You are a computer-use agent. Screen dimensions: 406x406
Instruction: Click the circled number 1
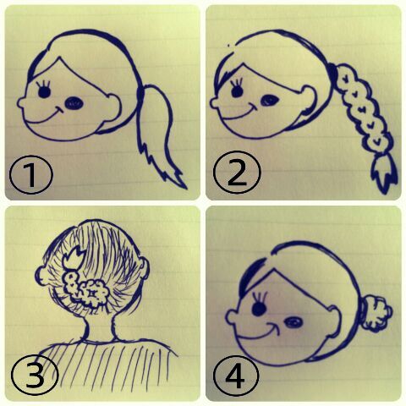(x=31, y=174)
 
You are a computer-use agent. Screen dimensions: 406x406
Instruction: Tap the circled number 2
(x=237, y=173)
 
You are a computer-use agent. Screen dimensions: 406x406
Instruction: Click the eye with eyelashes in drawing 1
(x=44, y=90)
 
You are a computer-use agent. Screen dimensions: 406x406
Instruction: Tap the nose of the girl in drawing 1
(x=21, y=103)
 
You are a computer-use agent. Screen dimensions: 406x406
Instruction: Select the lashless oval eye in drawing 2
(x=270, y=100)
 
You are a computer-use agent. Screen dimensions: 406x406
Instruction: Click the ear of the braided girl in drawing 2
(x=309, y=100)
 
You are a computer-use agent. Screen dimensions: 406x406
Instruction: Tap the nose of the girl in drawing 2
(x=214, y=103)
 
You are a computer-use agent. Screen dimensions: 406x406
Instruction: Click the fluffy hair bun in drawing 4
(x=377, y=313)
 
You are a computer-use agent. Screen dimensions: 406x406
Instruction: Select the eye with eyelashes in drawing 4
(x=259, y=305)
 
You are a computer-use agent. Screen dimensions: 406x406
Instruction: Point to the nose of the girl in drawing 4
(x=231, y=317)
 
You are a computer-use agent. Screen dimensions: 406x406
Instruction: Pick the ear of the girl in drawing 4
(x=334, y=322)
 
